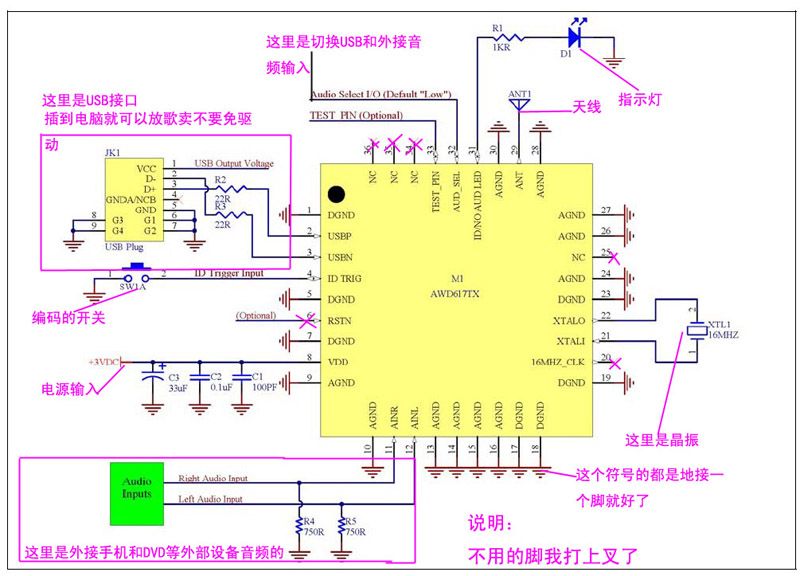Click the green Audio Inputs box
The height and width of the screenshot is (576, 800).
[138, 493]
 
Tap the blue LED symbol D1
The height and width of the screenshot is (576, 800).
[574, 37]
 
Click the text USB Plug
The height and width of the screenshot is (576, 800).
[126, 246]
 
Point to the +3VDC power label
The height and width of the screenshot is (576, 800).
[103, 361]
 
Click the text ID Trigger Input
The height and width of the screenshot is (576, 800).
[229, 273]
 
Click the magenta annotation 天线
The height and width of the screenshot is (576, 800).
[587, 106]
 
